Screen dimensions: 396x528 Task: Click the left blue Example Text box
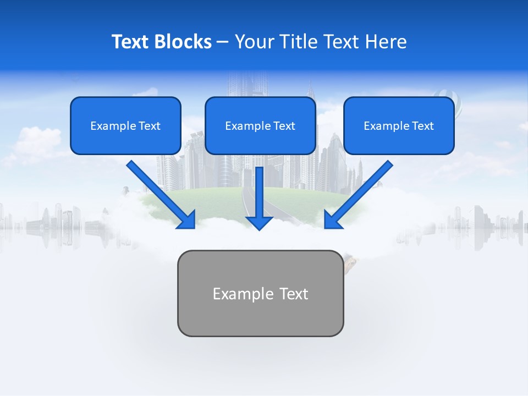(125, 125)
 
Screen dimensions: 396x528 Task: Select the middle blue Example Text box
(260, 125)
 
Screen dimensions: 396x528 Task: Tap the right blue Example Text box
(399, 125)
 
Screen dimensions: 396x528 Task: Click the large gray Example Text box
(260, 293)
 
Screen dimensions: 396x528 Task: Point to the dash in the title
(223, 42)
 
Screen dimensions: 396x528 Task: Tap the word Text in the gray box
(294, 294)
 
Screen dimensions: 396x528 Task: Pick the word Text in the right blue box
(423, 126)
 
